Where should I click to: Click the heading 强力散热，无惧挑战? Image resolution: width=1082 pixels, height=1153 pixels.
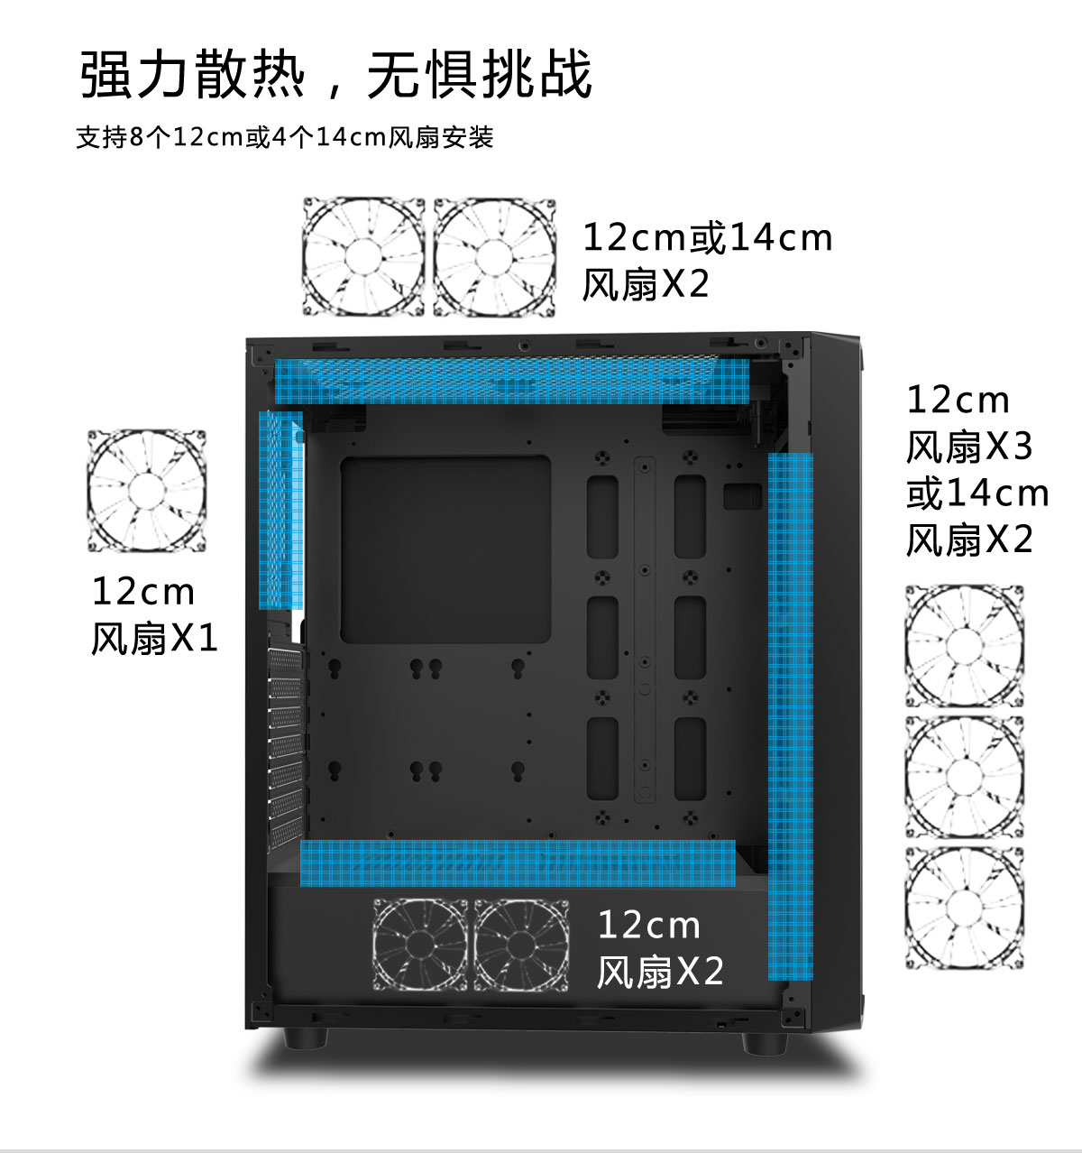tap(335, 74)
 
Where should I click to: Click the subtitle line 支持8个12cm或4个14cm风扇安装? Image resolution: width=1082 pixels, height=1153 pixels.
tap(284, 138)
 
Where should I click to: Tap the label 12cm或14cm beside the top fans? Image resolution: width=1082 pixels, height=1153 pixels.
tap(708, 238)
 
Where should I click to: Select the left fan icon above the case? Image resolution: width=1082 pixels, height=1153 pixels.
tap(364, 256)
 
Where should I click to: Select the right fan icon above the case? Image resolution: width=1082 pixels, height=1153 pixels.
tap(494, 256)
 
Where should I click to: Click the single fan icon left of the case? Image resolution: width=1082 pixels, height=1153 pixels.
tap(147, 491)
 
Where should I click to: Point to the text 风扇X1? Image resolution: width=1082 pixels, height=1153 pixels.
tap(154, 639)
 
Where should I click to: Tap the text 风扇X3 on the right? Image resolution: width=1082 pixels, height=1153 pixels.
tap(969, 447)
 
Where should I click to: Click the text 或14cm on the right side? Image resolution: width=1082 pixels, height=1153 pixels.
tap(977, 493)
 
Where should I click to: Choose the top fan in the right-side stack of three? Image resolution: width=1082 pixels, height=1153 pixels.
tap(965, 646)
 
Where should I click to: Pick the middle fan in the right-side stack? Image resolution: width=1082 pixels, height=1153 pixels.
tap(965, 777)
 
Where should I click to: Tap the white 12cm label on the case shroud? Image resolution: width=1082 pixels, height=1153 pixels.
tap(649, 925)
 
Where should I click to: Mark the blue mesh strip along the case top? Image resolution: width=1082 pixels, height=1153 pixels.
tap(512, 382)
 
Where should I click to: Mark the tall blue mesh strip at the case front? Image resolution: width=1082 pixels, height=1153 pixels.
tap(791, 716)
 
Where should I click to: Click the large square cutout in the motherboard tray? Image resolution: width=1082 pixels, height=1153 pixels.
tap(445, 549)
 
